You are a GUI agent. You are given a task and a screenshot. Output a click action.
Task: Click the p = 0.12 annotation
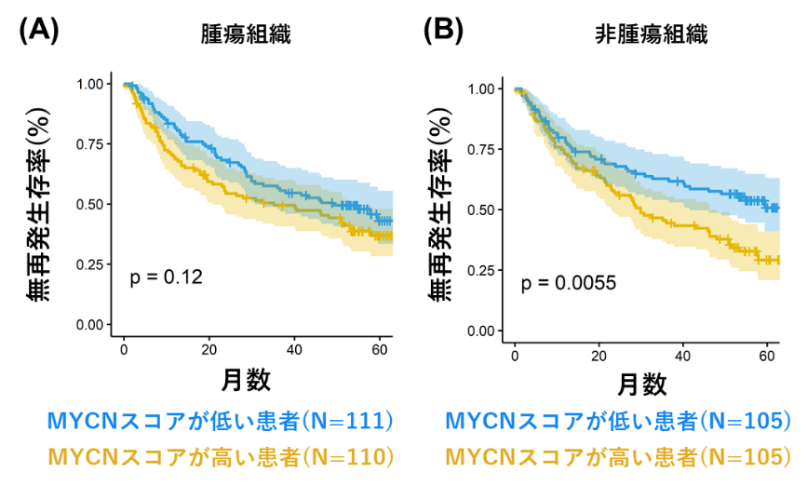[x=166, y=277]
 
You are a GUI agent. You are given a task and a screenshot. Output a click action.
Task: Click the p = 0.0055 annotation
[x=568, y=283]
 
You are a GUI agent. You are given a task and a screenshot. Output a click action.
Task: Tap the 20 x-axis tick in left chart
[x=209, y=348]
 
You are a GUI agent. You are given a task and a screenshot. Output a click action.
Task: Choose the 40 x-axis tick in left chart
[x=294, y=348]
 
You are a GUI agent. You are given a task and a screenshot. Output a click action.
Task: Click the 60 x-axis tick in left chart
[x=379, y=348]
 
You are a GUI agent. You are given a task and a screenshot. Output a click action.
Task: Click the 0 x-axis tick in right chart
[x=515, y=355]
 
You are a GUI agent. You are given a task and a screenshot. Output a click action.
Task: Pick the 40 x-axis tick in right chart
[x=684, y=355]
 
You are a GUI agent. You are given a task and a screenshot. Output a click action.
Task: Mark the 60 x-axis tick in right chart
[x=768, y=355]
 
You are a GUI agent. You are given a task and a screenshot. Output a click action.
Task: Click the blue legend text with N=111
[x=221, y=421]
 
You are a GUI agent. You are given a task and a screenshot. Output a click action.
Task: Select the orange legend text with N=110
[x=221, y=457]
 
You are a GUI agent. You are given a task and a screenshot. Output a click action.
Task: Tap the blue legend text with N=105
[x=618, y=421]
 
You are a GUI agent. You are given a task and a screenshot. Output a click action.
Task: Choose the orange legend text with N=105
[x=618, y=457]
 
